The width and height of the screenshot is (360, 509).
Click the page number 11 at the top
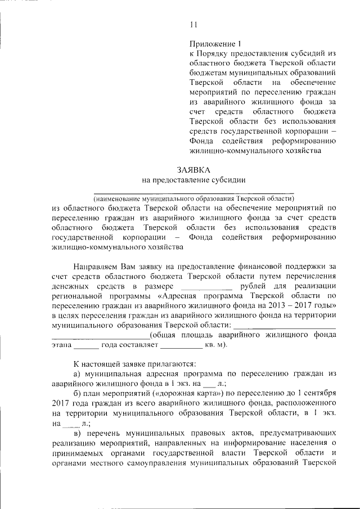tap(194, 24)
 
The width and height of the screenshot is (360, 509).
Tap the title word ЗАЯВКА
tap(193, 169)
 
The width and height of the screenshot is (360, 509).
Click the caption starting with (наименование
tap(193, 199)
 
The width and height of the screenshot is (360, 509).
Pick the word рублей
tap(253, 287)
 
